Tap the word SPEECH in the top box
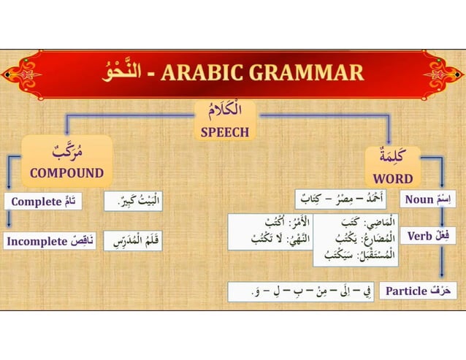(225, 132)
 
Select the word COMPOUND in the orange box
(66, 173)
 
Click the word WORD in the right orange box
(393, 178)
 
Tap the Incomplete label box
(49, 240)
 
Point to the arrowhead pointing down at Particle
(443, 275)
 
